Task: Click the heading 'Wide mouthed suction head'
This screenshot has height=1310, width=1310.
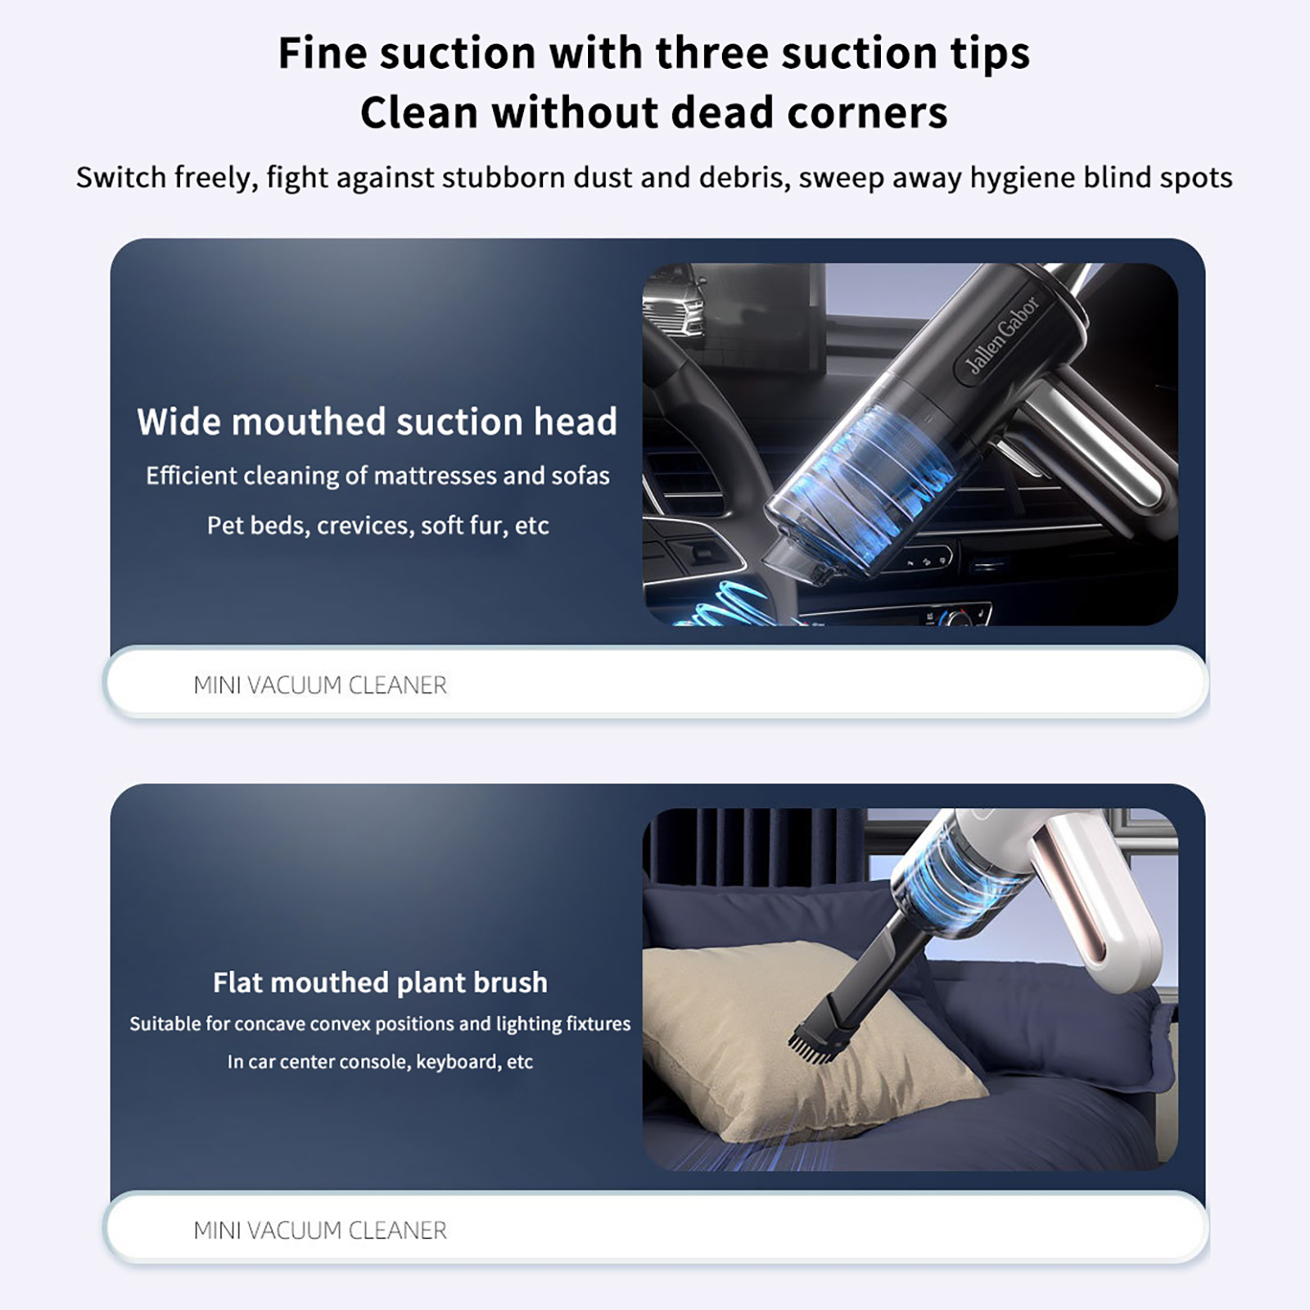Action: point(377,422)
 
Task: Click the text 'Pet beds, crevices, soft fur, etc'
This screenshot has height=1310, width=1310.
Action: point(377,526)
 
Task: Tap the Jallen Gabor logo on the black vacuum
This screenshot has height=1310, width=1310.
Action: point(1002,336)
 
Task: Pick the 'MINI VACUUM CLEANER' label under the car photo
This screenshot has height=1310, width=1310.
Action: point(320,685)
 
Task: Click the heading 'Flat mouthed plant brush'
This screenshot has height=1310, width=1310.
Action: point(380,982)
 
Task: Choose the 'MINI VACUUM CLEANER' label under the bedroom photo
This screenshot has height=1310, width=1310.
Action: point(320,1231)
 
